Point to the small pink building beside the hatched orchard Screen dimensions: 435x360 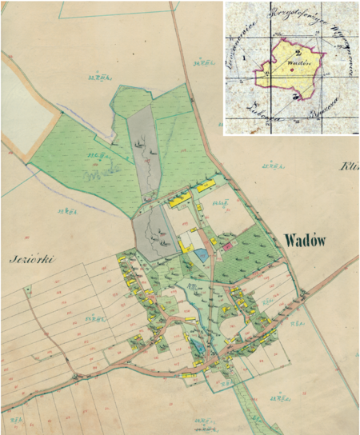coord(226,246)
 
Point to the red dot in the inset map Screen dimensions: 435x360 coord(292,70)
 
